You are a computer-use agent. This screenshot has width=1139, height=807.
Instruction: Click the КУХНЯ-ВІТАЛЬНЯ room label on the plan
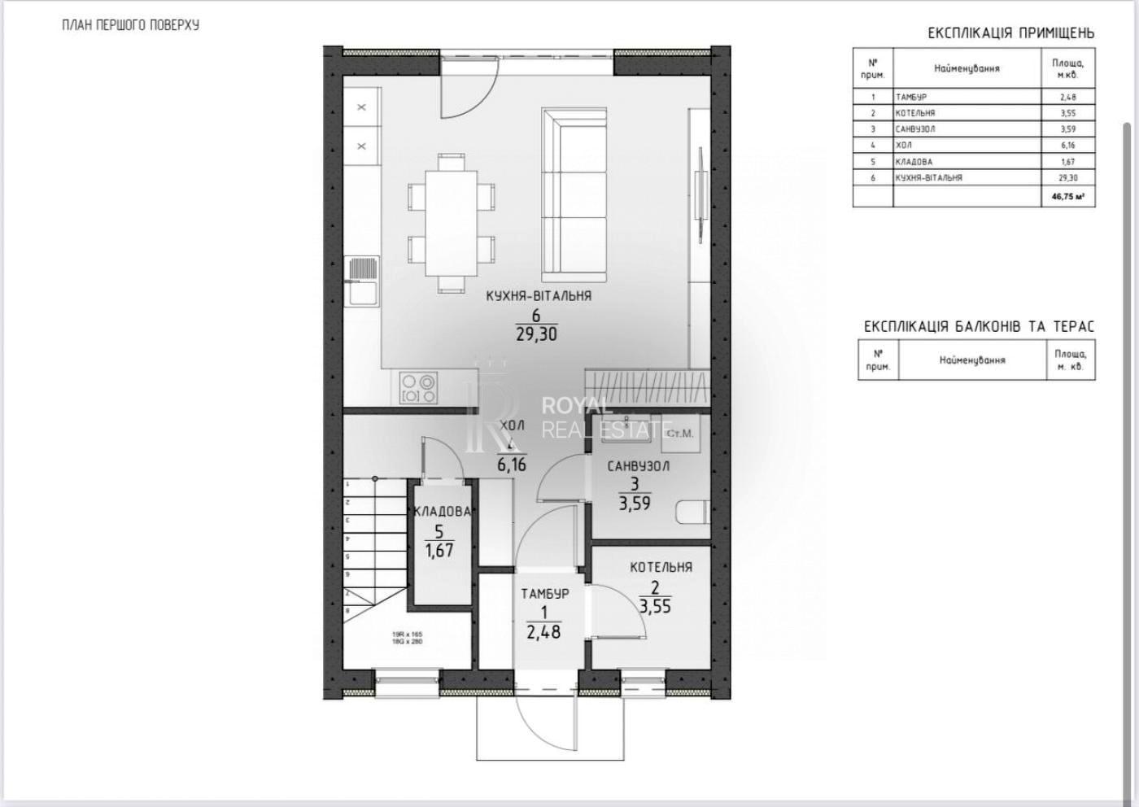pyautogui.click(x=538, y=296)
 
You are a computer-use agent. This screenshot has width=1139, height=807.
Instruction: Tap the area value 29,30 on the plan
pyautogui.click(x=536, y=334)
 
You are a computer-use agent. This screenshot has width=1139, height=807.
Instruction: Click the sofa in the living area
pyautogui.click(x=574, y=191)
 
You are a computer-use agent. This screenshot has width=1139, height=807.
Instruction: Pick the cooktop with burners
pyautogui.click(x=419, y=387)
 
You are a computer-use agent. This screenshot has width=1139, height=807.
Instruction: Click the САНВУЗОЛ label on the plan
pyautogui.click(x=638, y=466)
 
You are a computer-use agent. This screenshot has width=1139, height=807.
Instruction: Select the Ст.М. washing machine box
pyautogui.click(x=679, y=433)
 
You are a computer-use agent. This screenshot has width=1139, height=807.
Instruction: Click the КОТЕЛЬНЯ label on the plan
pyautogui.click(x=661, y=567)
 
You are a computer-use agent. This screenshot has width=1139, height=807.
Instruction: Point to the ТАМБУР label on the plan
pyautogui.click(x=544, y=593)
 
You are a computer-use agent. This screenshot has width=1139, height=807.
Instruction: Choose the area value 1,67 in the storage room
pyautogui.click(x=439, y=550)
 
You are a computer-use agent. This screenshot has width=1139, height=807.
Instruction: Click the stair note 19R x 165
pyautogui.click(x=408, y=634)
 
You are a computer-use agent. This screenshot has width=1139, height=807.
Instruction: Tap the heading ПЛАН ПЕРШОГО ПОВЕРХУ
pyautogui.click(x=130, y=25)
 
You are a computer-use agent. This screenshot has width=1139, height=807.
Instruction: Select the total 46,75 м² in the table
pyautogui.click(x=1067, y=196)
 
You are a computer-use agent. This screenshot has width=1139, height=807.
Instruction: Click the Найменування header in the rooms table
pyautogui.click(x=967, y=68)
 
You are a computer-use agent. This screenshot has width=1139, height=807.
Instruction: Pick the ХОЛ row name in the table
pyautogui.click(x=904, y=145)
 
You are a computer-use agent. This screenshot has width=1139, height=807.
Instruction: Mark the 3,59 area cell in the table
pyautogui.click(x=1067, y=129)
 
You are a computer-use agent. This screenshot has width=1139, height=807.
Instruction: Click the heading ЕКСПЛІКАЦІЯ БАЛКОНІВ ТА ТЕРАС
pyautogui.click(x=979, y=327)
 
